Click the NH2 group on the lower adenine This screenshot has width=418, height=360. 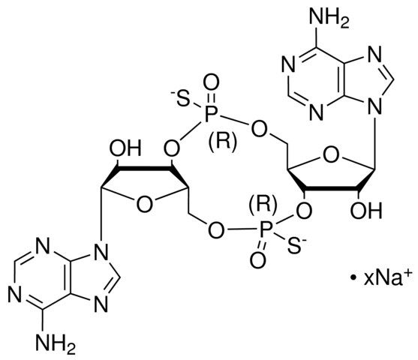tap(56, 344)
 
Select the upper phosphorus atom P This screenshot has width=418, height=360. tap(211, 115)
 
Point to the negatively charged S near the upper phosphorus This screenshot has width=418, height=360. tap(181, 98)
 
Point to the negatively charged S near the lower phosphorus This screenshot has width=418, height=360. tap(296, 245)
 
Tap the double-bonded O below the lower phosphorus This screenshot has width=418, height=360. tap(257, 259)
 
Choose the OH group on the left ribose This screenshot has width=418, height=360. tap(125, 148)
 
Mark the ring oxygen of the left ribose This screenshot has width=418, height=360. tap(145, 205)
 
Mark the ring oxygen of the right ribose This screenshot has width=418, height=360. tap(330, 154)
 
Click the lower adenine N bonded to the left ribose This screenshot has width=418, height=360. tap(101, 252)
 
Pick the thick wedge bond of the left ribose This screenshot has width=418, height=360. tap(146, 169)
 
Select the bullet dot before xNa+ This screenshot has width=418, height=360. tap(353, 279)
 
